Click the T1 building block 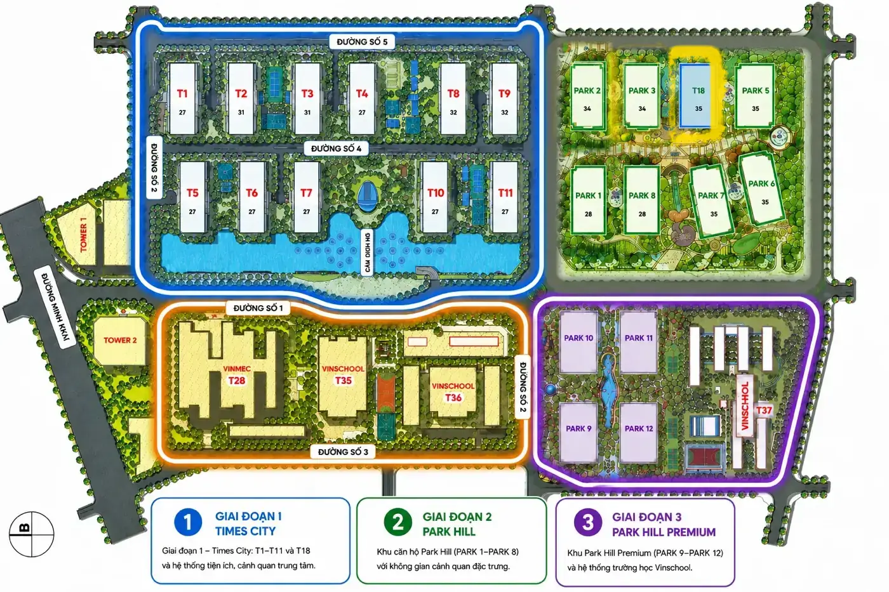[182, 98]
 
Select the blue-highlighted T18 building [695, 96]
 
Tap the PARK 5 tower [755, 96]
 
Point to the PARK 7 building [712, 201]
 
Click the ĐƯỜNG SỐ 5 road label [362, 42]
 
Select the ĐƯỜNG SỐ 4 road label [336, 148]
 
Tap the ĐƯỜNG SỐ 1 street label [258, 308]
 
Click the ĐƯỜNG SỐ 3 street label [343, 452]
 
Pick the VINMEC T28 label [236, 375]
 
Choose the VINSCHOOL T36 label [453, 391]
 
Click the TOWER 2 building [120, 340]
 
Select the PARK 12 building [639, 433]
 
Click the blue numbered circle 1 [188, 522]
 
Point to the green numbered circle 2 [398, 523]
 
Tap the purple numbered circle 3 [588, 523]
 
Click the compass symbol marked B [31, 534]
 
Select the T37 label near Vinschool [763, 410]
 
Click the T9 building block [504, 98]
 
